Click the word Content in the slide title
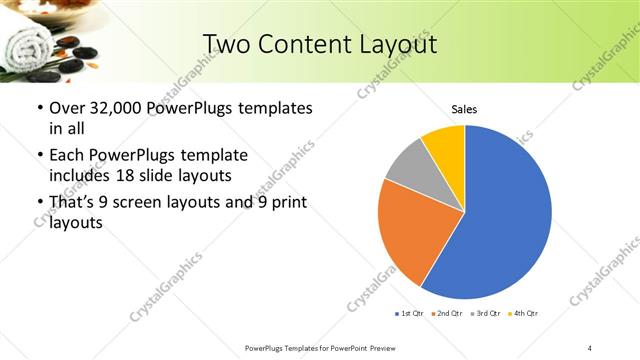tap(312, 45)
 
